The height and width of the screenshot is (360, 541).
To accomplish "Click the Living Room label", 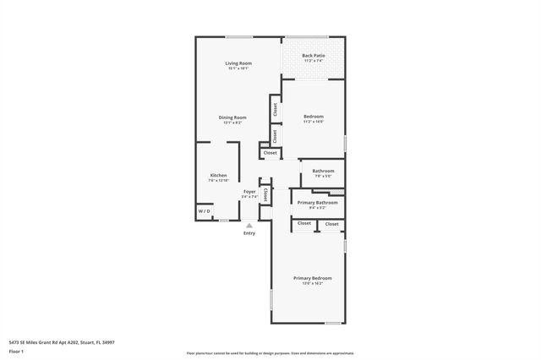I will [x=238, y=63].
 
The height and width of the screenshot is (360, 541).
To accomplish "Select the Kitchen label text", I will [x=218, y=175].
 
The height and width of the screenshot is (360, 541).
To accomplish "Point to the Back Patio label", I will [x=314, y=56].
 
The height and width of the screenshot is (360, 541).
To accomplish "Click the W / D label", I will [x=205, y=211].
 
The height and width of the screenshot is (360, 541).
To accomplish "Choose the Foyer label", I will [x=249, y=192].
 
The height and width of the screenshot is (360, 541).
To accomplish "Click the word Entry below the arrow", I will [x=249, y=233].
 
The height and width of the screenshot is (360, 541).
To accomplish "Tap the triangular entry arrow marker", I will [x=249, y=225].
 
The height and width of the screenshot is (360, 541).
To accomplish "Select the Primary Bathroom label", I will [x=316, y=203].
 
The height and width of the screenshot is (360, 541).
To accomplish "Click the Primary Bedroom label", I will [x=312, y=278].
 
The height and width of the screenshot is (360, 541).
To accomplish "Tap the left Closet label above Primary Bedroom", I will [x=304, y=224].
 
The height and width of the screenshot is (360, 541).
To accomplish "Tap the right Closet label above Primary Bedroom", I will [x=332, y=224].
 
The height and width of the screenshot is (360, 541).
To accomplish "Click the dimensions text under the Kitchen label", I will [x=218, y=181].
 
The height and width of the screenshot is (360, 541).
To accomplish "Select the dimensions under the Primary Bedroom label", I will [x=312, y=284].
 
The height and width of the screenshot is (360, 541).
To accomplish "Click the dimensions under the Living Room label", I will [x=238, y=69].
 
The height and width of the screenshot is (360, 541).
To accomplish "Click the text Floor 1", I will [x=17, y=351].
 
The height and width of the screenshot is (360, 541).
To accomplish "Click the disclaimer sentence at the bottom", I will [x=270, y=352].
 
